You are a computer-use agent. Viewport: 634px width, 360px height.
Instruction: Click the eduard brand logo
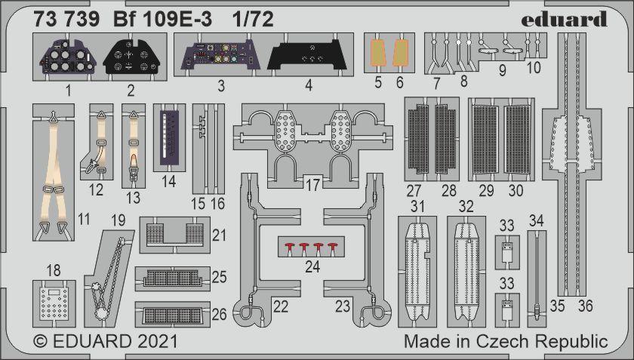[x=564, y=19]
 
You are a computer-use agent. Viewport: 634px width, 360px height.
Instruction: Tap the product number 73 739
[x=66, y=19]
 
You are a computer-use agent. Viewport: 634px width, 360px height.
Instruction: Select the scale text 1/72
[x=253, y=19]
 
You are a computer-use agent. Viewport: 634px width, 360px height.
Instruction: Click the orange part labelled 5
[x=377, y=53]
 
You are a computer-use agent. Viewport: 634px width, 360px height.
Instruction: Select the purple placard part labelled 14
[x=169, y=137]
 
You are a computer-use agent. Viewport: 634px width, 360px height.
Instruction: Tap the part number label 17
[x=312, y=185]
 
